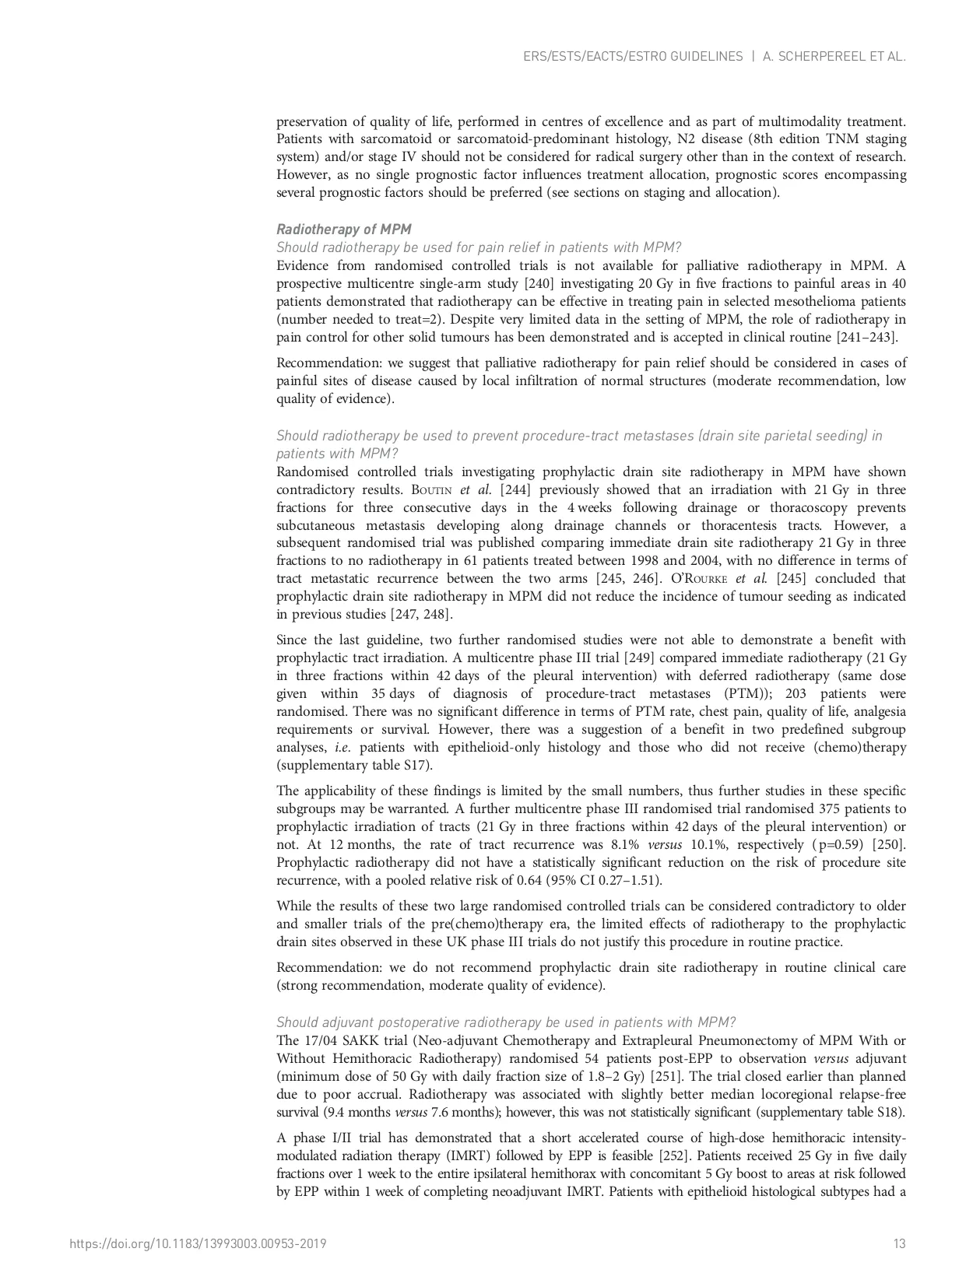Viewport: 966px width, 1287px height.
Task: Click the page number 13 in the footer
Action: (899, 1243)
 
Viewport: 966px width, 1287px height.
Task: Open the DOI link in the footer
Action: (198, 1243)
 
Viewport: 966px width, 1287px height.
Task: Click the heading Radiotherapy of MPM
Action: (343, 229)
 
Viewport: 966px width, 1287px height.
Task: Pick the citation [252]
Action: (676, 1156)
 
